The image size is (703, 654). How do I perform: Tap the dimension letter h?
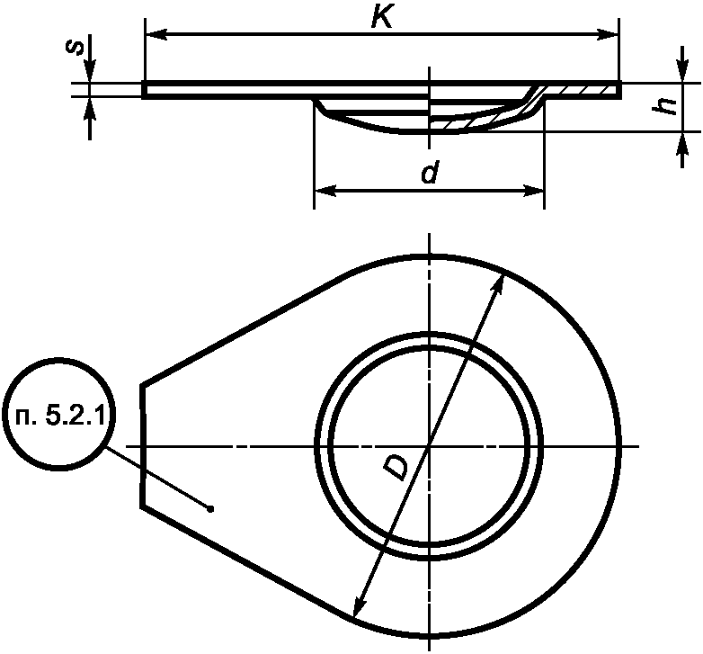click(666, 106)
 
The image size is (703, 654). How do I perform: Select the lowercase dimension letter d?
click(430, 175)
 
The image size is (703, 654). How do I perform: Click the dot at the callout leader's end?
click(210, 509)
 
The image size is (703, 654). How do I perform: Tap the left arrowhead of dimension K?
click(151, 35)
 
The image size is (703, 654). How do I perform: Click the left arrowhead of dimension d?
click(321, 192)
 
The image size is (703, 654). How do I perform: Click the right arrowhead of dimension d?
click(537, 192)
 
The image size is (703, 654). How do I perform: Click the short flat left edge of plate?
click(142, 446)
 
